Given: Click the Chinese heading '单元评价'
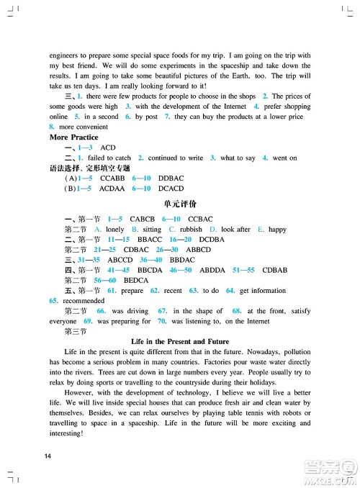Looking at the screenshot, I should click(x=179, y=204).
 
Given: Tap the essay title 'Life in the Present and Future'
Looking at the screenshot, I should click(x=180, y=341).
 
